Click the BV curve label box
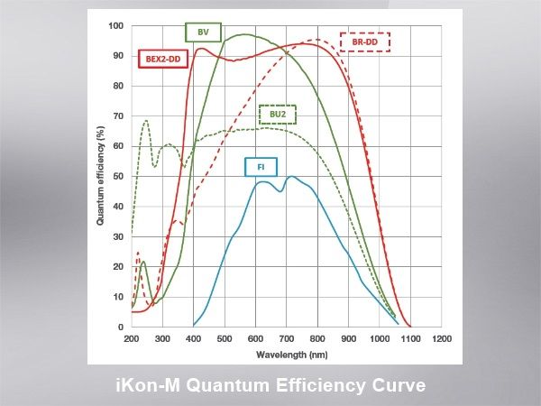point(203,33)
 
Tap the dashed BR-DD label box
point(365,42)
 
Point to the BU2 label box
point(278,115)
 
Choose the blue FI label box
point(261,166)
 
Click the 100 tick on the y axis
point(116,25)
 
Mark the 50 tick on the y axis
point(119,176)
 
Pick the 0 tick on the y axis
point(122,327)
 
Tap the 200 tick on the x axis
point(132,339)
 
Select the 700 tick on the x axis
point(287,339)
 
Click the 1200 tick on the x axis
point(442,339)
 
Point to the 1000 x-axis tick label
point(380,339)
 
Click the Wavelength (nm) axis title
point(286,354)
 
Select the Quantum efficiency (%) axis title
point(102,176)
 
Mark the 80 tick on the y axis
point(119,86)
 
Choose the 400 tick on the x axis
point(194,339)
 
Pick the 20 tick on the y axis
point(119,266)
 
